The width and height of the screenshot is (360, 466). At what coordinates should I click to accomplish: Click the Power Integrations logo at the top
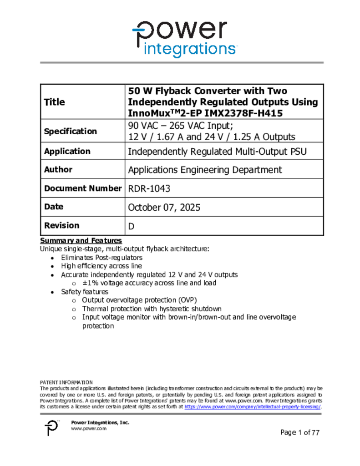pos(184,38)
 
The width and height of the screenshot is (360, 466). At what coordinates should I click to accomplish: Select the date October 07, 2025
pos(164,208)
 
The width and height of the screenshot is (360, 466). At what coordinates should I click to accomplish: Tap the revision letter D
pos(132,227)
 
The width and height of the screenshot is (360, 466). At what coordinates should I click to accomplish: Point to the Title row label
pos(54,102)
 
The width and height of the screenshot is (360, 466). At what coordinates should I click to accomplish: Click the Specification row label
pos(70,131)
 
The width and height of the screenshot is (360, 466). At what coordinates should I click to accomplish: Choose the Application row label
pos(67,151)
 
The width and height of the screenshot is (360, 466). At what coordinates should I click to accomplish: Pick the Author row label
pos(58,169)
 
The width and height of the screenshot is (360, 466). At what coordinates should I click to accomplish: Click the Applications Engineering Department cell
pos(205,170)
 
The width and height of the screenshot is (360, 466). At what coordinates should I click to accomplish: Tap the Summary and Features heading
pos(81,240)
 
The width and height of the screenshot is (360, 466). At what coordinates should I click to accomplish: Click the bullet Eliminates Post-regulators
pos(102,258)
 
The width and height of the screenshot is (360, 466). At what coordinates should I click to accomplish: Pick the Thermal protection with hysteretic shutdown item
pos(152,309)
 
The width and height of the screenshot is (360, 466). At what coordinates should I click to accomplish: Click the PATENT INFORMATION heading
pos(66,383)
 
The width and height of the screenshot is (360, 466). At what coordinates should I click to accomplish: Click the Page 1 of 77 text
pos(300,432)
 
